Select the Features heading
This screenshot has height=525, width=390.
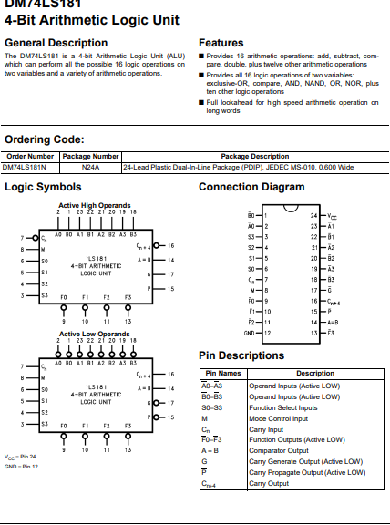click(221, 43)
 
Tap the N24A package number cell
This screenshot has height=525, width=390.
click(90, 168)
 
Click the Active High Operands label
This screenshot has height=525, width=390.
click(94, 205)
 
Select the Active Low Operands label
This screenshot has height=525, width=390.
click(94, 335)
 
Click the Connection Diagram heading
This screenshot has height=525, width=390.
click(251, 187)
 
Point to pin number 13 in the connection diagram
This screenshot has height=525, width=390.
click(313, 333)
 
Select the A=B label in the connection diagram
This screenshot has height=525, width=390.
click(334, 323)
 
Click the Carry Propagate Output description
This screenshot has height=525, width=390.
click(307, 471)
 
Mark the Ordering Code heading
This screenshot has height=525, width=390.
click(45, 139)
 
